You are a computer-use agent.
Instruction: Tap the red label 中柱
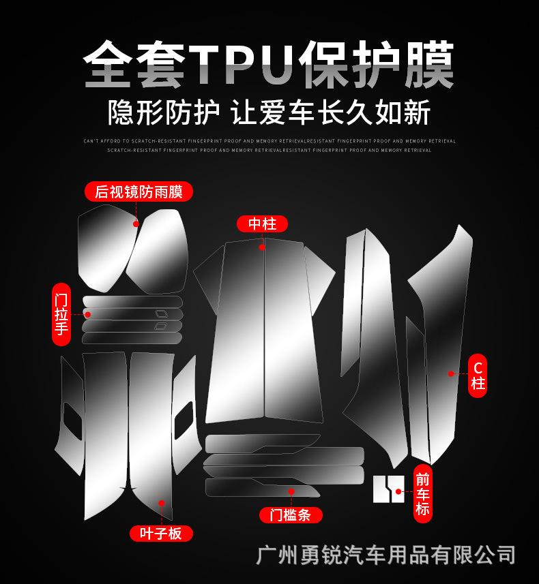pos(263,224)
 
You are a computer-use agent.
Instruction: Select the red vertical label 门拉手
pos(61,314)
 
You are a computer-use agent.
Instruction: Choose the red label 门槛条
pos(290,515)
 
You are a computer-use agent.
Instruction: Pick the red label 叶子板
pos(161,533)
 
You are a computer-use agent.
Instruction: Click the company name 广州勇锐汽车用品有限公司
pos(385,554)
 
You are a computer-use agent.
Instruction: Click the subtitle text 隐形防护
pos(164,112)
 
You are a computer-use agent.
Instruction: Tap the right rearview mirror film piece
pos(159,252)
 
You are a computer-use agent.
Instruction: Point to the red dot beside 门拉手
pos(88,314)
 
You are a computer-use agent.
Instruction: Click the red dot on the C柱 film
pos(451,373)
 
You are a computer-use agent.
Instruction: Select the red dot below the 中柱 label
pos(263,247)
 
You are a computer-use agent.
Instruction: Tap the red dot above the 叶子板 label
pos(161,504)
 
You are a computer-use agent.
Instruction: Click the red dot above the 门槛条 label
pos(291,491)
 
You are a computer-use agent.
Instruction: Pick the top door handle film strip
pos(133,301)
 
